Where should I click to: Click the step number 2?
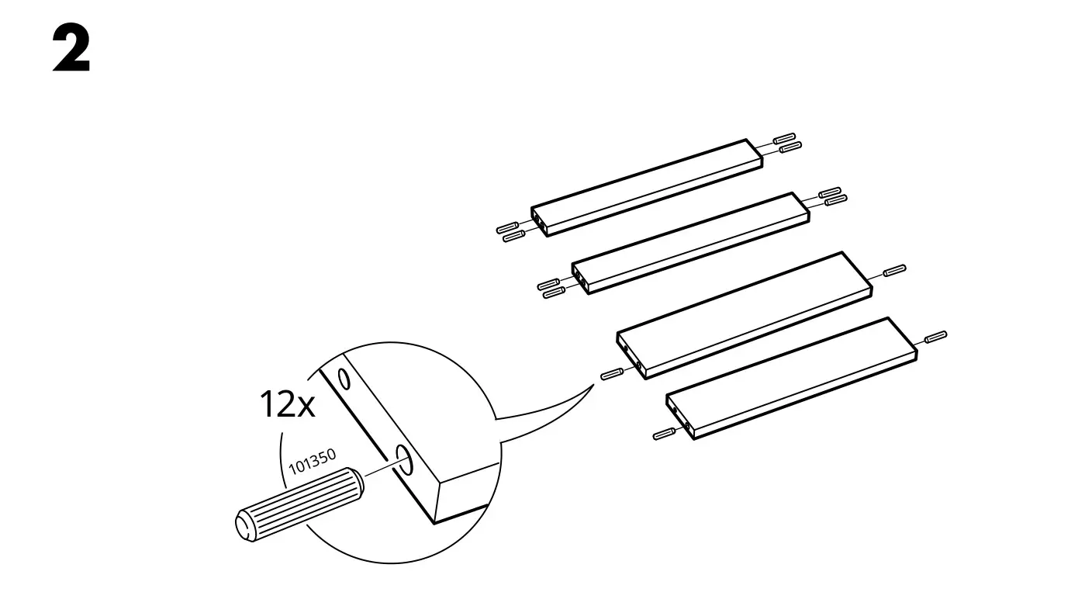[72, 50]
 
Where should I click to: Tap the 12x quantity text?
[287, 404]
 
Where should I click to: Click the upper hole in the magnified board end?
[343, 379]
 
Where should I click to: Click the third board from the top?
[745, 313]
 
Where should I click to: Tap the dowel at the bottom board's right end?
[935, 337]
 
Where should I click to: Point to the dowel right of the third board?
[893, 272]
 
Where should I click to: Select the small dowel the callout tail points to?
[612, 373]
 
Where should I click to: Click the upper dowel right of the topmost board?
[785, 137]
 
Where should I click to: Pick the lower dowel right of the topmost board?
[790, 147]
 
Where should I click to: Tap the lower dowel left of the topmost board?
[515, 236]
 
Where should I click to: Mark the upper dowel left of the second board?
[548, 284]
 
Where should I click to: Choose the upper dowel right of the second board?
[829, 192]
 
